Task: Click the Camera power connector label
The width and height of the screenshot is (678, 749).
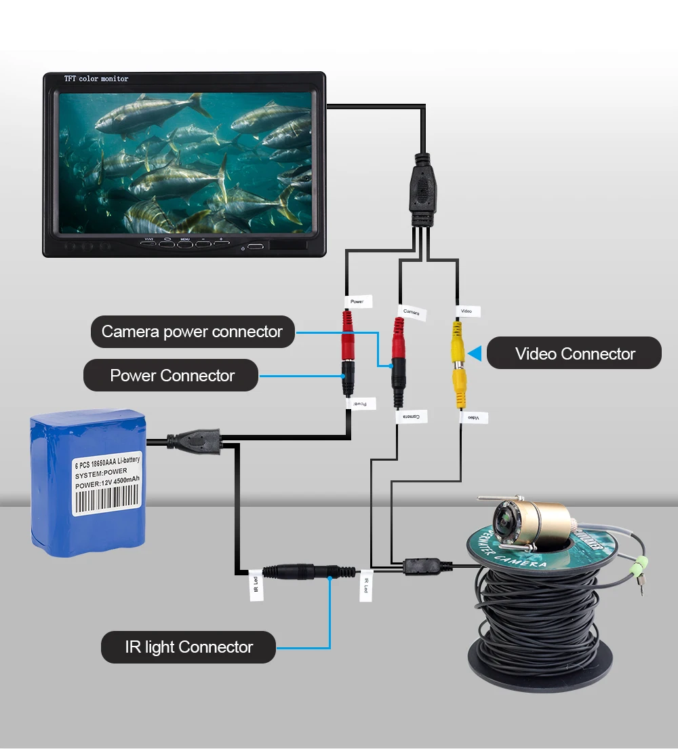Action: tap(193, 332)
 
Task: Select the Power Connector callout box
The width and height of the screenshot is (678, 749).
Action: tap(172, 375)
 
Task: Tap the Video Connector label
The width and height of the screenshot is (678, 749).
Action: tap(574, 353)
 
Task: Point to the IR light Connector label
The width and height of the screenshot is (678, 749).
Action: tap(188, 647)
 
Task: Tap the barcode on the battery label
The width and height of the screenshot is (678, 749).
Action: tap(107, 500)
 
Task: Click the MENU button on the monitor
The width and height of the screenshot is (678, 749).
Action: tap(186, 243)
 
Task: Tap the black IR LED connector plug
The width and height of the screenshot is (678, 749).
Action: tap(302, 571)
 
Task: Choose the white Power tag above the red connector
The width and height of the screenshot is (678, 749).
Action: tap(357, 301)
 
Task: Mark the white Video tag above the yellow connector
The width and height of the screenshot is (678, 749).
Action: tap(466, 311)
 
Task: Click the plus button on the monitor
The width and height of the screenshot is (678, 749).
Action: tap(222, 243)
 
